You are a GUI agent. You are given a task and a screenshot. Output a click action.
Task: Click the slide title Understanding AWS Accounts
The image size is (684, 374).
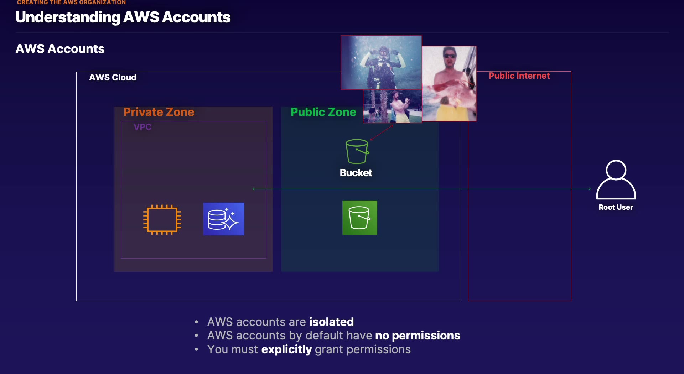coord(123,17)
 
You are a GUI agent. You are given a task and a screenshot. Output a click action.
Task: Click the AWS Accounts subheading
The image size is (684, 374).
coord(60,49)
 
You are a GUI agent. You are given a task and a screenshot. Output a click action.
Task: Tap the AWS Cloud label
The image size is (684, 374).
coord(113,77)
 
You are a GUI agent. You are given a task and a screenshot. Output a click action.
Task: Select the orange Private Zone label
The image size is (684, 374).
coord(159,112)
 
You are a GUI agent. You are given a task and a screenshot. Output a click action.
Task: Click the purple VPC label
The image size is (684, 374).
coord(142,127)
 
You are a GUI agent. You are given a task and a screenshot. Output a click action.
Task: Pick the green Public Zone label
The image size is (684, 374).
coord(323,112)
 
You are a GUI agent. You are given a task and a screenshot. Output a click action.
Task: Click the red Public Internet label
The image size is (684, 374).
coord(519,76)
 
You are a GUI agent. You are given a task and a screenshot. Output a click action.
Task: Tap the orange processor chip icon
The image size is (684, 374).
coord(162,219)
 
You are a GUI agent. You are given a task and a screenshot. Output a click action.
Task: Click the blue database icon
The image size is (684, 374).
coord(223,219)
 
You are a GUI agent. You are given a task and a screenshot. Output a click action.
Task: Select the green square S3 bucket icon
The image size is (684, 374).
coord(359,218)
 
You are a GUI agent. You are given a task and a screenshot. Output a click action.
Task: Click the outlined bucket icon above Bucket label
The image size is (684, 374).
coord(357,151)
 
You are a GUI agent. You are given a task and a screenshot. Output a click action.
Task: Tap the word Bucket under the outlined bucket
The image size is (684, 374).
coord(356,173)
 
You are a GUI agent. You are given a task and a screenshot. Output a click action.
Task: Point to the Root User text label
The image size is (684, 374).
coord(616,207)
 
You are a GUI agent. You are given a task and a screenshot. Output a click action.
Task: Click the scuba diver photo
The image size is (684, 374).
coord(381,62)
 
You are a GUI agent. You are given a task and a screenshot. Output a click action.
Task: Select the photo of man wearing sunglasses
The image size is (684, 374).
coord(450,83)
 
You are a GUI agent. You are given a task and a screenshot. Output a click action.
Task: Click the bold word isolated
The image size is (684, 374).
coord(331,322)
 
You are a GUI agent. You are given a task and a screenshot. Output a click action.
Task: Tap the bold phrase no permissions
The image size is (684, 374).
coord(418,336)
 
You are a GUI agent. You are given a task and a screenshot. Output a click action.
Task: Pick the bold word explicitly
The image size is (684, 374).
coord(286,349)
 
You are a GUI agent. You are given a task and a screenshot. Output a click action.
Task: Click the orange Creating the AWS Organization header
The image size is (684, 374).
coord(71,2)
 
